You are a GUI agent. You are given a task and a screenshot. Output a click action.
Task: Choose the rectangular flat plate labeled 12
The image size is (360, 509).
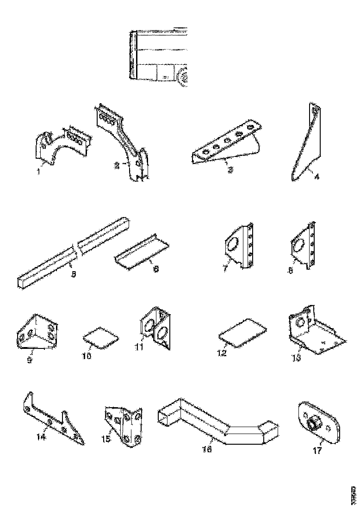(243, 332)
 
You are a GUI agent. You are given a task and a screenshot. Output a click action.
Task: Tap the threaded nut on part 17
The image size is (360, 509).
(315, 422)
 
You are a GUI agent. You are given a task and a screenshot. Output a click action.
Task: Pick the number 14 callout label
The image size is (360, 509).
(42, 436)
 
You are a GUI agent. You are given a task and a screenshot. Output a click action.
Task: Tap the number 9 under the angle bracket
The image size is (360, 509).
(30, 360)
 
